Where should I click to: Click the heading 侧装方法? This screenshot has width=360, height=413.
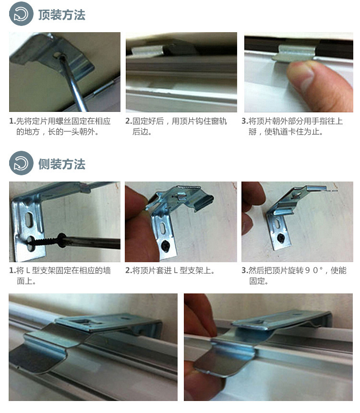(61, 164)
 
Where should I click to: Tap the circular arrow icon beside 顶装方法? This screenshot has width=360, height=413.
(21, 15)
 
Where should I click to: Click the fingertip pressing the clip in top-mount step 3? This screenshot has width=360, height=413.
(300, 76)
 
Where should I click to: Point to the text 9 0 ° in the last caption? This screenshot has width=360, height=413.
(311, 270)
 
